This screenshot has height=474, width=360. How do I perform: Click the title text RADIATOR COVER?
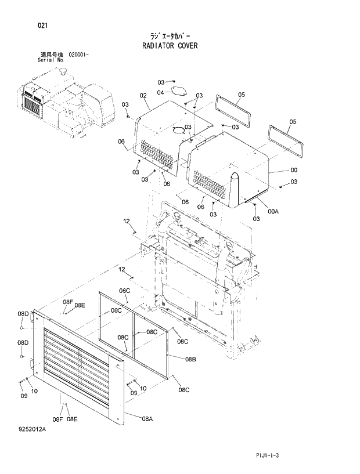point(170,45)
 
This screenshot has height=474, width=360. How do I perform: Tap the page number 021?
point(42,26)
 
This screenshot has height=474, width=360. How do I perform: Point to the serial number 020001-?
point(78,54)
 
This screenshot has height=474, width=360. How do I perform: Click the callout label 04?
point(160,92)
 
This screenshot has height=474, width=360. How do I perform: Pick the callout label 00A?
point(273,211)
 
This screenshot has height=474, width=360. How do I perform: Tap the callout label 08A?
point(147,418)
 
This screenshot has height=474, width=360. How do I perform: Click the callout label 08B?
point(190,360)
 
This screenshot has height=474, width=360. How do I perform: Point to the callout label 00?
point(294,170)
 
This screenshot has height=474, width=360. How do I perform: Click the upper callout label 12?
point(126,221)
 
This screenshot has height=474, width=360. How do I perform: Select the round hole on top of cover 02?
point(178,131)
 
